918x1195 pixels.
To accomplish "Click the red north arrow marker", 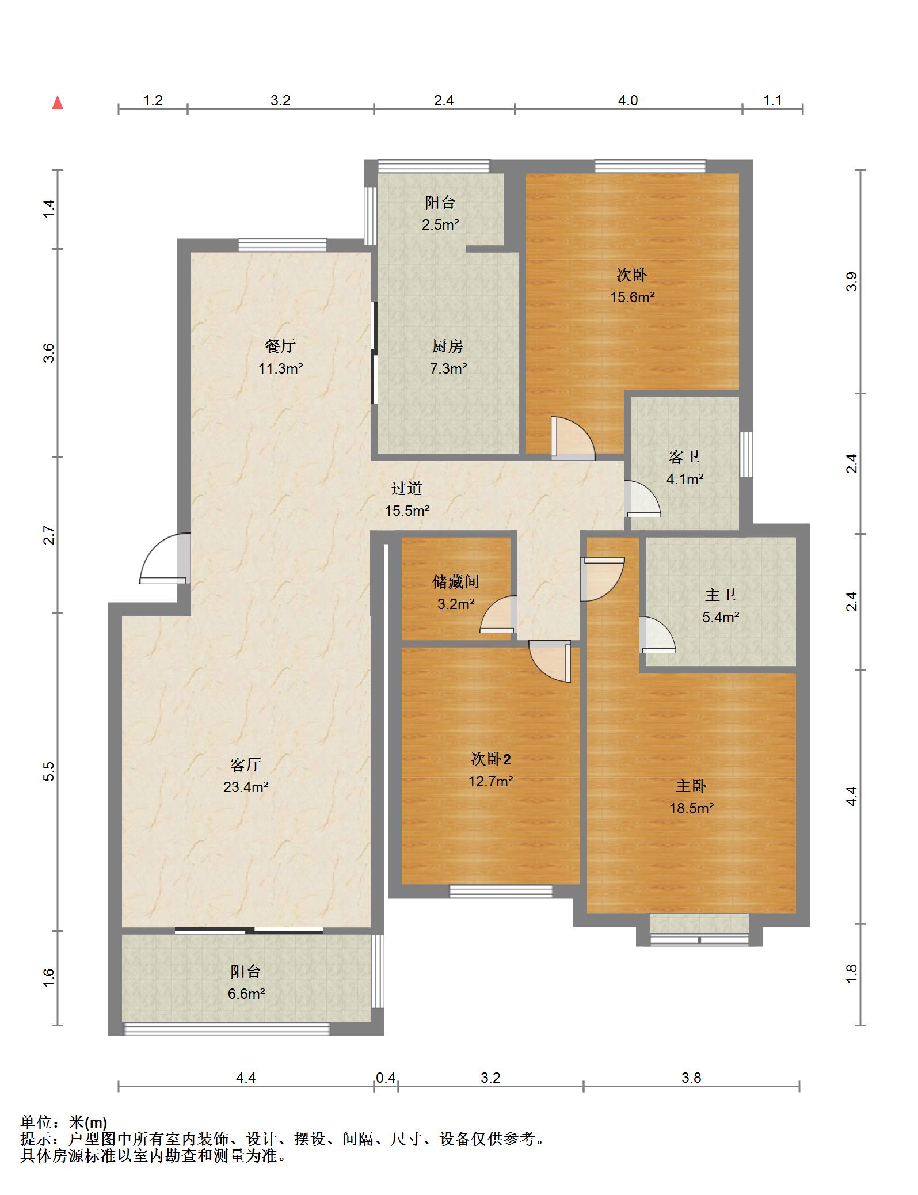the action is (58, 102).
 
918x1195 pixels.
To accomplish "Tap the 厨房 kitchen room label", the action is (448, 346).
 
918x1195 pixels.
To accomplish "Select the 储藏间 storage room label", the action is (455, 581).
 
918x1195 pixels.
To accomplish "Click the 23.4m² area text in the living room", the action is (246, 786).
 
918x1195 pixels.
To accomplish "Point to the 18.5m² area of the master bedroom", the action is (691, 808).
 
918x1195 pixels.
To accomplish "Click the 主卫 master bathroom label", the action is (720, 595).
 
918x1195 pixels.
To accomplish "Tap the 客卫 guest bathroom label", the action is (684, 457).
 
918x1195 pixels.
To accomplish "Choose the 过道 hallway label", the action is (407, 488).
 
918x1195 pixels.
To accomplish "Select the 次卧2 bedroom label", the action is (491, 759).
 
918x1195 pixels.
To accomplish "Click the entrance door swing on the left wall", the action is (165, 558).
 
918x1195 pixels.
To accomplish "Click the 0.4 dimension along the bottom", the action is (386, 1078).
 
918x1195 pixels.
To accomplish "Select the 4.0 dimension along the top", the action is (628, 100).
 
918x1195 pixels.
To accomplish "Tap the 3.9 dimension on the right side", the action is (852, 281).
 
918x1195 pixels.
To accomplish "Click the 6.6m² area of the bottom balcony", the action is (246, 994).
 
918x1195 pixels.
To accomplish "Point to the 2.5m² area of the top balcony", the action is (440, 224).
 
